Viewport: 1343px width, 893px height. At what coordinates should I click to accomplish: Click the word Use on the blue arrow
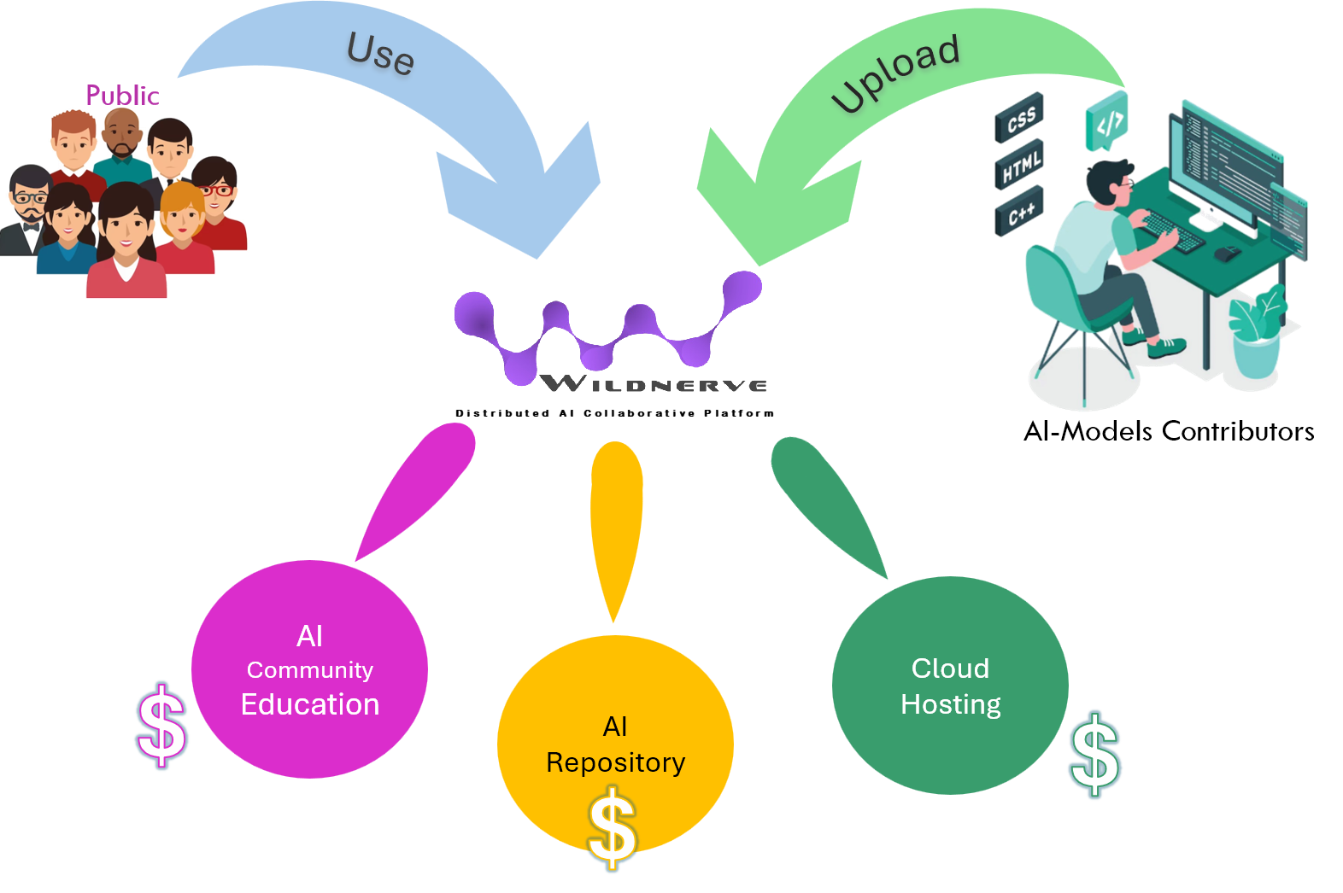[380, 53]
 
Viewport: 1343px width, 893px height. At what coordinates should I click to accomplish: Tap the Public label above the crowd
[122, 96]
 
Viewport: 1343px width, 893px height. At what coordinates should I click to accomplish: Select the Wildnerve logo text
[654, 384]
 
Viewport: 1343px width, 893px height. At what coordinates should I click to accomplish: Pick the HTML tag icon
[1019, 165]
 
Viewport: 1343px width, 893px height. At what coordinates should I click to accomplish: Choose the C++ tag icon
[1019, 211]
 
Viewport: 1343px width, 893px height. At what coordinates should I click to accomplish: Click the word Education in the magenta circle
[310, 704]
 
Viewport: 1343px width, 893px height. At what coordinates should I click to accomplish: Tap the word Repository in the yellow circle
[615, 762]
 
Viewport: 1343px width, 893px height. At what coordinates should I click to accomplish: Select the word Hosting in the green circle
[950, 704]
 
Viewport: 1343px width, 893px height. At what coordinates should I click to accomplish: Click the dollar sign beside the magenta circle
[161, 725]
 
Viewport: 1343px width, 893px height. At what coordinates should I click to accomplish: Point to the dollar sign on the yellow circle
[613, 828]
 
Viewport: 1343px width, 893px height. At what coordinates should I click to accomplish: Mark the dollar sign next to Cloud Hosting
[1095, 755]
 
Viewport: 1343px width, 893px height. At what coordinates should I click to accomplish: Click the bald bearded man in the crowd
[122, 137]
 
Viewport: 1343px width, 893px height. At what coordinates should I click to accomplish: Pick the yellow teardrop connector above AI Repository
[615, 521]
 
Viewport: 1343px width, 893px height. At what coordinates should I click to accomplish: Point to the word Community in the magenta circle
[310, 670]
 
